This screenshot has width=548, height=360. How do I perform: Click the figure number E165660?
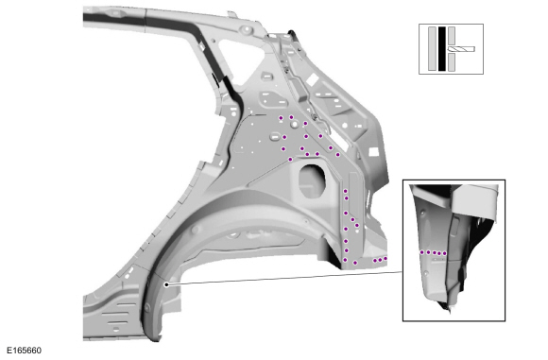pos(24,351)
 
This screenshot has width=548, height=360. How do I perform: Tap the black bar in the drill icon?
pos(442,49)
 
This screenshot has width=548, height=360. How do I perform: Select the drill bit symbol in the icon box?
pos(461,49)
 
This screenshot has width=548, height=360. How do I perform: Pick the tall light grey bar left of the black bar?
pos(432,49)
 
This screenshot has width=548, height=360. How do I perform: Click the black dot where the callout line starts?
pos(166,284)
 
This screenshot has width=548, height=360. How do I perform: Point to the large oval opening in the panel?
pos(312,180)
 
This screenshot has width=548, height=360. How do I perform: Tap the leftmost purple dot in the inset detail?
pos(422,252)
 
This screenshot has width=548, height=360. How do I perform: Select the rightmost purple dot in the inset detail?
pos(445,253)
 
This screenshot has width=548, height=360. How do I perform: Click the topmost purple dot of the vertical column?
pos(345,191)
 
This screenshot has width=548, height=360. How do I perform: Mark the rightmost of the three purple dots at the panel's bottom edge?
pos(385,259)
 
